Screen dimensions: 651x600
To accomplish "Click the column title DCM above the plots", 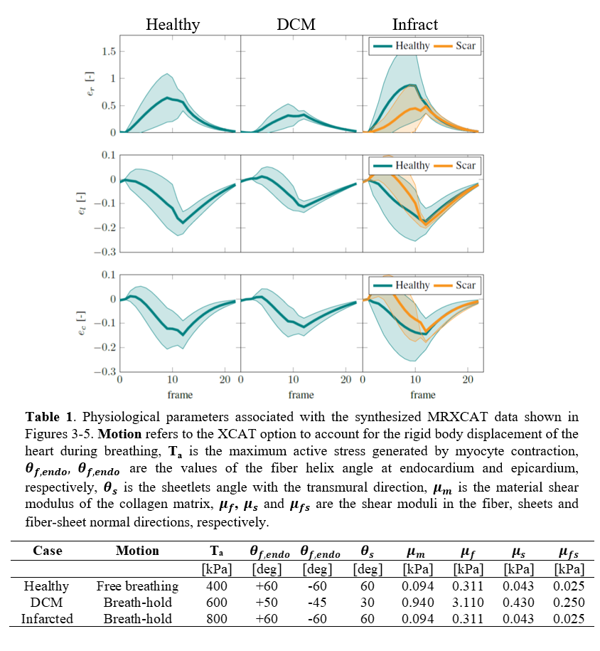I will pos(296,24).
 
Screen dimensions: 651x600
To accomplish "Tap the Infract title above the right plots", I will pos(415,24).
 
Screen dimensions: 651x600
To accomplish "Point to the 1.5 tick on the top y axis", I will pos(108,51).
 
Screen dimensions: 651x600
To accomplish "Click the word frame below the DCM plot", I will pos(301,395).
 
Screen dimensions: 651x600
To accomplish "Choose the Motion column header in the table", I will pos(137,551).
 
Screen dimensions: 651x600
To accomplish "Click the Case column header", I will pos(48,551).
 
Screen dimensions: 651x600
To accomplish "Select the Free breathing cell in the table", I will pos(137,586).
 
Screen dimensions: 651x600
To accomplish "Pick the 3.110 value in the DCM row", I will pos(467,603).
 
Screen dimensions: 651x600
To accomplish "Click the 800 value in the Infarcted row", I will pos(216,619).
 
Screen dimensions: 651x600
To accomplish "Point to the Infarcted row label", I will pos(47,619).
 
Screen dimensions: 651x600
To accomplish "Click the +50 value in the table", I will pos(267,603).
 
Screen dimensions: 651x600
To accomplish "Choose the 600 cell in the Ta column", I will pos(216,603).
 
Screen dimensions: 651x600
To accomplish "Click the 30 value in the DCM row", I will pos(367,603).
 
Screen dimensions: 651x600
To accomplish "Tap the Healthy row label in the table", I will pos(47,586).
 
